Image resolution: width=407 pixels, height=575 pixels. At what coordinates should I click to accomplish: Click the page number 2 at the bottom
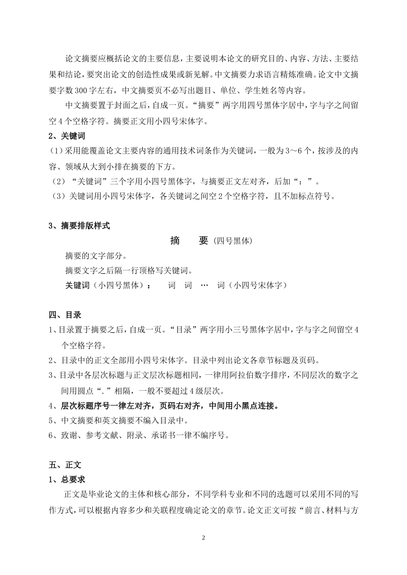[203, 538]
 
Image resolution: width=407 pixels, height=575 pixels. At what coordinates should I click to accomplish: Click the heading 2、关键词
[66, 136]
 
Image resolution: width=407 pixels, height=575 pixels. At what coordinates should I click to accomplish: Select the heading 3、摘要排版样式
[79, 226]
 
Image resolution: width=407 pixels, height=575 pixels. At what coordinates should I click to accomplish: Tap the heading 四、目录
[65, 315]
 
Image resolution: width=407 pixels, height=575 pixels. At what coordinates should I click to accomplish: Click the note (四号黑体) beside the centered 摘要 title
[232, 241]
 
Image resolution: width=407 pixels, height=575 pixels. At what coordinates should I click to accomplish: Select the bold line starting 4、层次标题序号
[164, 406]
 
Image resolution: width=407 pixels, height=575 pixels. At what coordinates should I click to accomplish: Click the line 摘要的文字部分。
[96, 256]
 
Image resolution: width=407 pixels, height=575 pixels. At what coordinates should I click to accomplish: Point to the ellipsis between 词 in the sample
[204, 285]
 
